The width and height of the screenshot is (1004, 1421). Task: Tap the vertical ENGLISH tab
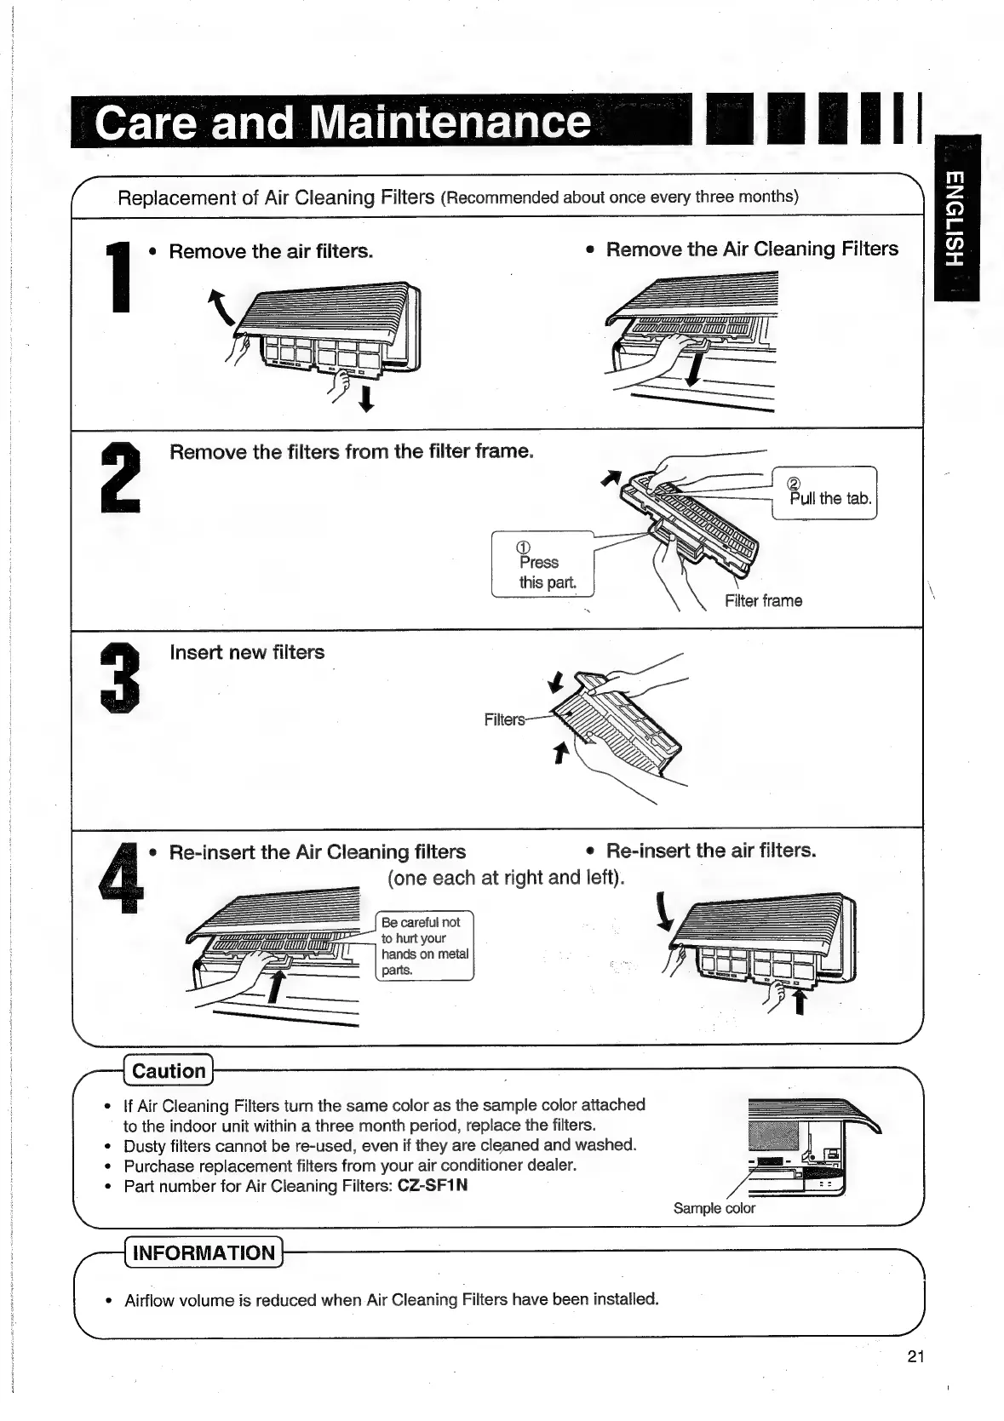point(955,217)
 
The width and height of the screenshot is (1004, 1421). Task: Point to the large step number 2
point(121,478)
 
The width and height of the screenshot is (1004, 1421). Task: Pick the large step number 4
point(120,878)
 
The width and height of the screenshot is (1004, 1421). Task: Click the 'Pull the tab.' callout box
point(824,493)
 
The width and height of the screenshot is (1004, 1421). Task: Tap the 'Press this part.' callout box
point(542,564)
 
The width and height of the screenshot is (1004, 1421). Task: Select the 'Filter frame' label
point(763,601)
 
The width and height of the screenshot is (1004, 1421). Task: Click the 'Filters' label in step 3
point(504,719)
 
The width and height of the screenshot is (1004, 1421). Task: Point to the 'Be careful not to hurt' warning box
point(424,946)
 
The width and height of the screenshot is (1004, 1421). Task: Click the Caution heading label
point(169,1071)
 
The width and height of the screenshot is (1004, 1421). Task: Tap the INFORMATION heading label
point(204,1252)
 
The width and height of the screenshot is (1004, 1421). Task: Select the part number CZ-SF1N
point(433,1186)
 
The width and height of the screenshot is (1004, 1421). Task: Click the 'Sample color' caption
point(714,1208)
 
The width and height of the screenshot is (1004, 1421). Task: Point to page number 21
point(915,1357)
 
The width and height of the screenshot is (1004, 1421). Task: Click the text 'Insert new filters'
point(247,653)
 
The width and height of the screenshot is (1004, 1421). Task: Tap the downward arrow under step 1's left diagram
point(366,398)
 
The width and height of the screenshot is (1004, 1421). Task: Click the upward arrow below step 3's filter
point(559,751)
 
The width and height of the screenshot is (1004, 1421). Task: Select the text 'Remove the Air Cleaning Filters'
point(752,249)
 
